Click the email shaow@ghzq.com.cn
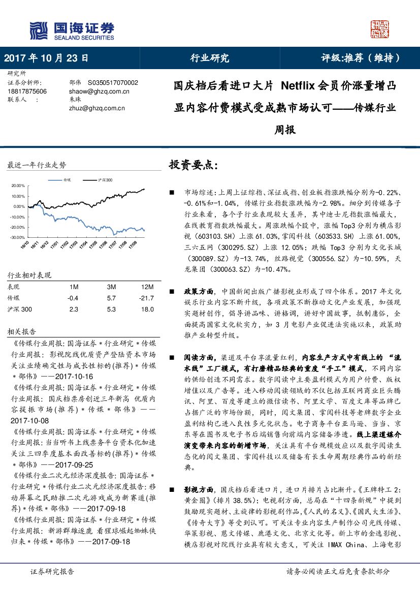pos(99,91)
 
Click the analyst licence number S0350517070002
pos(113,82)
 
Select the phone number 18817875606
pos(27,91)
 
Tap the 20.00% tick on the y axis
pos(18,185)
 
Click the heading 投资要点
pos(193,165)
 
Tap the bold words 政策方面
pos(199,292)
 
